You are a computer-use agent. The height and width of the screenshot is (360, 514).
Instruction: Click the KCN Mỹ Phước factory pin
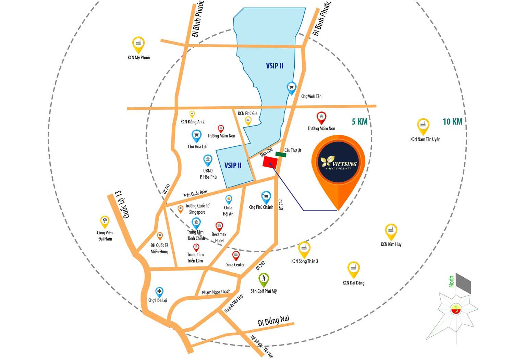(x=138, y=44)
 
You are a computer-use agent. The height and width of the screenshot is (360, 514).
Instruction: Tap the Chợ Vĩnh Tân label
(x=311, y=96)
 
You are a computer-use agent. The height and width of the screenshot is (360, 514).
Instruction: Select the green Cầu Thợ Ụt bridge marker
(x=281, y=155)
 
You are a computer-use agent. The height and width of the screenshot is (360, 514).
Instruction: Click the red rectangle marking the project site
(x=270, y=162)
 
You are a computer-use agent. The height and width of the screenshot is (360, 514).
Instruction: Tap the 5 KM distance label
(x=359, y=121)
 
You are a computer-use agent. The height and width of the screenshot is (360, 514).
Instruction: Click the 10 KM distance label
(x=452, y=121)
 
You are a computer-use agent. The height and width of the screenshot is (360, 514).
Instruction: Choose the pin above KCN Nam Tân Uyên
(x=423, y=126)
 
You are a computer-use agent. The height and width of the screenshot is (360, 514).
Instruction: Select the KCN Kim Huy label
(x=391, y=244)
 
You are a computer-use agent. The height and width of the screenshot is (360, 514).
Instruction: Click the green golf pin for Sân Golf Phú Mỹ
(x=263, y=279)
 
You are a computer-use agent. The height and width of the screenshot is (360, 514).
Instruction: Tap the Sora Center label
(x=235, y=265)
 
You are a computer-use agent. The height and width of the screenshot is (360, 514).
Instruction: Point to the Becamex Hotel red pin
(x=219, y=226)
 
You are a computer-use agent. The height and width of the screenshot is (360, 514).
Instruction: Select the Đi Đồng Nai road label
(x=273, y=321)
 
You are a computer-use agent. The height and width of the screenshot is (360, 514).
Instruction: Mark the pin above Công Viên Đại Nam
(x=105, y=221)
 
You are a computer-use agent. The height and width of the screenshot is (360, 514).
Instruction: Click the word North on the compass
(x=451, y=281)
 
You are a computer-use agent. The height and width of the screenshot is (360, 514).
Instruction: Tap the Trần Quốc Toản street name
(x=195, y=194)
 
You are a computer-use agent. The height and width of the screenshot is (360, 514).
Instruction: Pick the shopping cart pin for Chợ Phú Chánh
(x=266, y=197)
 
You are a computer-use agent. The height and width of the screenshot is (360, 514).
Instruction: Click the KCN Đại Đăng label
(x=353, y=283)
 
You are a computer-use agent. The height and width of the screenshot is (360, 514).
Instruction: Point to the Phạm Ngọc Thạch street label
(x=216, y=292)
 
